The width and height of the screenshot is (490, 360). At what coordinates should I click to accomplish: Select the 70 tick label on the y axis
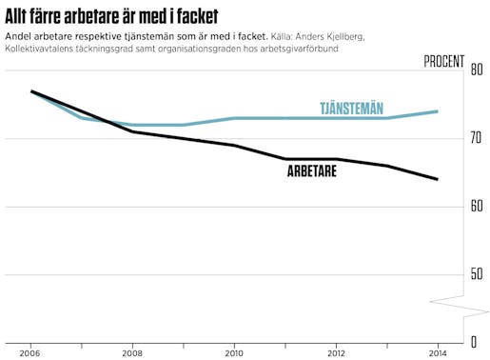click(477, 138)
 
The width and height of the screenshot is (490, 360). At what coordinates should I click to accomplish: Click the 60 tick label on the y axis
click(477, 206)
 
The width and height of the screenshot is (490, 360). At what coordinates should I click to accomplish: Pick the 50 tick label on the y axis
click(477, 274)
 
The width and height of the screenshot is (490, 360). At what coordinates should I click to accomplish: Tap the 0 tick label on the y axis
click(473, 341)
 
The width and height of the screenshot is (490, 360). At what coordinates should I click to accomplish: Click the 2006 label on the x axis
click(31, 350)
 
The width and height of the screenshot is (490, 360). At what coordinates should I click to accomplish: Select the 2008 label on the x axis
click(132, 350)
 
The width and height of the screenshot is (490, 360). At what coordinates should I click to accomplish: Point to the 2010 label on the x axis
click(234, 350)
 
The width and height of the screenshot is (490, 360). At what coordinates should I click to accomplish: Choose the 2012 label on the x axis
click(336, 350)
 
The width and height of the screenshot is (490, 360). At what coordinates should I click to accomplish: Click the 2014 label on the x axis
click(437, 350)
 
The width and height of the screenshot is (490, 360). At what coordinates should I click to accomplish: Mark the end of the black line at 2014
click(438, 179)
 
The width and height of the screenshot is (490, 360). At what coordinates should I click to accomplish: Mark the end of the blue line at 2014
click(438, 111)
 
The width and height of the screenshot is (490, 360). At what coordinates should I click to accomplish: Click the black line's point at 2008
click(132, 131)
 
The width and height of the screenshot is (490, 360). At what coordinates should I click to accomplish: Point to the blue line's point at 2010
click(234, 118)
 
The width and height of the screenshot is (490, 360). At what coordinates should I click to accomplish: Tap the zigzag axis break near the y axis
click(461, 306)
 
